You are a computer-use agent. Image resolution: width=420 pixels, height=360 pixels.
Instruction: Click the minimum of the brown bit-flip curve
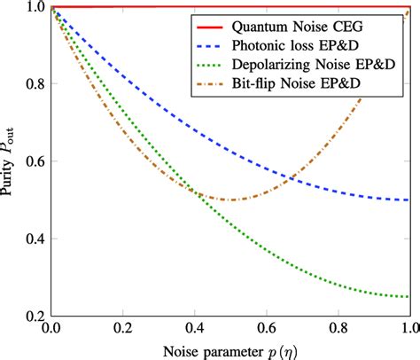(x=229, y=200)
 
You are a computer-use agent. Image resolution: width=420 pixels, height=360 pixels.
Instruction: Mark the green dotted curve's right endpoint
(x=408, y=296)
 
